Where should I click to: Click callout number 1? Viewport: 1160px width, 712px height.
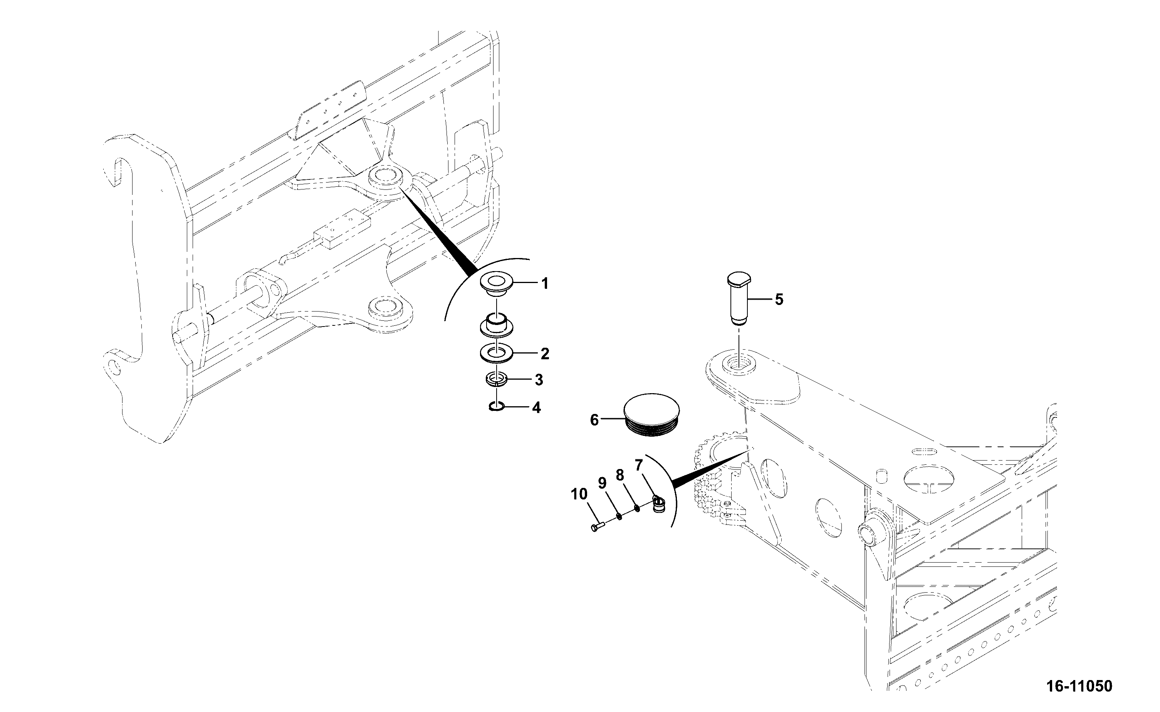click(544, 283)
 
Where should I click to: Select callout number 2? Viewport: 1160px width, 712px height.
click(544, 353)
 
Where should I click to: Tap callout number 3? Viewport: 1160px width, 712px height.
click(539, 380)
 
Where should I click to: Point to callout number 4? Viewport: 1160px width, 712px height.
click(536, 407)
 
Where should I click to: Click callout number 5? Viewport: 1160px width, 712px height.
click(779, 299)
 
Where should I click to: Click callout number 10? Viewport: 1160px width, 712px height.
click(579, 494)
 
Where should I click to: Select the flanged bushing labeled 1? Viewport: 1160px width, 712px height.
click(495, 287)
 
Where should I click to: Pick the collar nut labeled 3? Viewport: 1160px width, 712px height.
click(497, 380)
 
